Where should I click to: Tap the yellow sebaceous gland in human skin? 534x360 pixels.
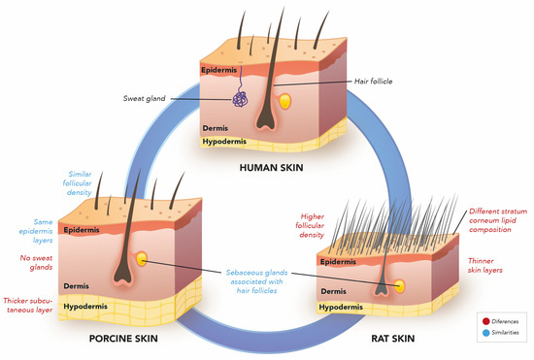pyautogui.click(x=284, y=100)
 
